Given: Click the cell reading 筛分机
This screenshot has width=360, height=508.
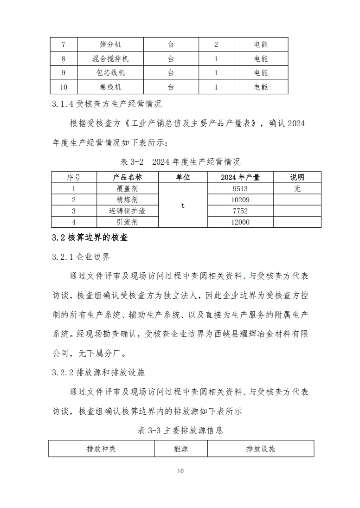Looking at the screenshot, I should tap(110, 45).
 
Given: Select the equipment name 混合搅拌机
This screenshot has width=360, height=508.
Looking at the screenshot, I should tap(110, 59).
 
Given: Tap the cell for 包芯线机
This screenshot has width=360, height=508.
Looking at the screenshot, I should tap(110, 73).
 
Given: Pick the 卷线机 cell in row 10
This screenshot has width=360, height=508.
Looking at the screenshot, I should tap(110, 87).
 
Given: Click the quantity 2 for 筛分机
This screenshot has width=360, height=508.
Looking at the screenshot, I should tap(216, 45).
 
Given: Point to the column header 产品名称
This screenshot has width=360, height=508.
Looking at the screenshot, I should tap(128, 177).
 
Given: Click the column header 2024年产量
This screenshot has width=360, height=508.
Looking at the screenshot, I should tap(240, 177).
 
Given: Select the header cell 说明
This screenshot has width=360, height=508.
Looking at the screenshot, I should tap(297, 177).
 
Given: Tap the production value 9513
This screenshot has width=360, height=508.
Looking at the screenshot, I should tap(240, 188).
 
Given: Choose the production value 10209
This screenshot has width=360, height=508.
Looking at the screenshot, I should tap(240, 200).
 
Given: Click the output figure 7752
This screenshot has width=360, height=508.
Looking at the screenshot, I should tap(240, 211).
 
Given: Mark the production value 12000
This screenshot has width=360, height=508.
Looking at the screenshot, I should tap(240, 222).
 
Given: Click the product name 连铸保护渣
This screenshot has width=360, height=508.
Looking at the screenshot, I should tap(128, 211).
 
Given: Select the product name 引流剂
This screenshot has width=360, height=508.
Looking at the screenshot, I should tap(128, 222).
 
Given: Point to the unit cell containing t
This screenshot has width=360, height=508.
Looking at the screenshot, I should tap(183, 206).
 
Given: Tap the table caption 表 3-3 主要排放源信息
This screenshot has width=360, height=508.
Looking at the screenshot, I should tap(180, 431).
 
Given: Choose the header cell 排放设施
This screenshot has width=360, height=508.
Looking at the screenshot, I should tap(261, 449).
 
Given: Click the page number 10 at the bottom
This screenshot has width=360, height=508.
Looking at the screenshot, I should tap(180, 471).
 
